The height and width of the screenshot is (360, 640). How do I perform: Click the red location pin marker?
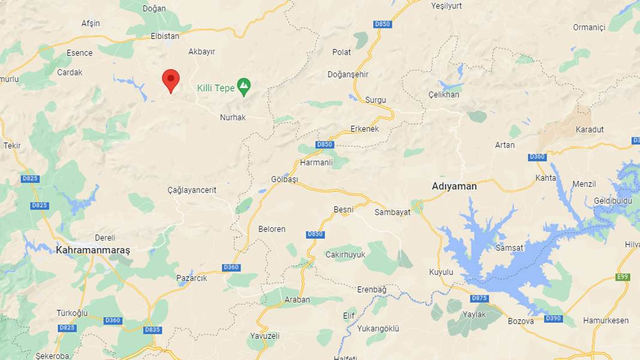(171, 80)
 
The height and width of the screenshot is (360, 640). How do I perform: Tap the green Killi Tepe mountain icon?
(244, 87)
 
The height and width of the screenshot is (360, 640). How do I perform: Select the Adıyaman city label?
(454, 186)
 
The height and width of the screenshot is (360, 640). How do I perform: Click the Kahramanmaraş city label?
(93, 249)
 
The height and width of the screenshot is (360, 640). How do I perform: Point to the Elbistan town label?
(165, 37)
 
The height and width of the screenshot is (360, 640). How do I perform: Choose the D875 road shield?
(479, 298)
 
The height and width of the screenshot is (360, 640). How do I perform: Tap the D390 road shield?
(553, 318)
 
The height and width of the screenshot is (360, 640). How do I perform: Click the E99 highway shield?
(623, 277)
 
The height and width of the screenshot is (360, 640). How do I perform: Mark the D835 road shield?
(153, 329)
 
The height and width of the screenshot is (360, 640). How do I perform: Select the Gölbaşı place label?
(285, 180)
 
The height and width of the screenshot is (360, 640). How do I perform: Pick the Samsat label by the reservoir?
(510, 247)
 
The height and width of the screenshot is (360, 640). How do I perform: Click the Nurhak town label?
(233, 117)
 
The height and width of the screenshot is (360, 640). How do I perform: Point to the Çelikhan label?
(444, 95)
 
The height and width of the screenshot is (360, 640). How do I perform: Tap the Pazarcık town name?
(192, 278)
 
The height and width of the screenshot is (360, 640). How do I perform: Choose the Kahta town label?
(545, 178)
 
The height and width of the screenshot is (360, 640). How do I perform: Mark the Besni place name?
(343, 210)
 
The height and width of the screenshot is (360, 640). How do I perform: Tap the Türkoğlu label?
(72, 313)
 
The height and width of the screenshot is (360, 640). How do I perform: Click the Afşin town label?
(90, 23)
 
